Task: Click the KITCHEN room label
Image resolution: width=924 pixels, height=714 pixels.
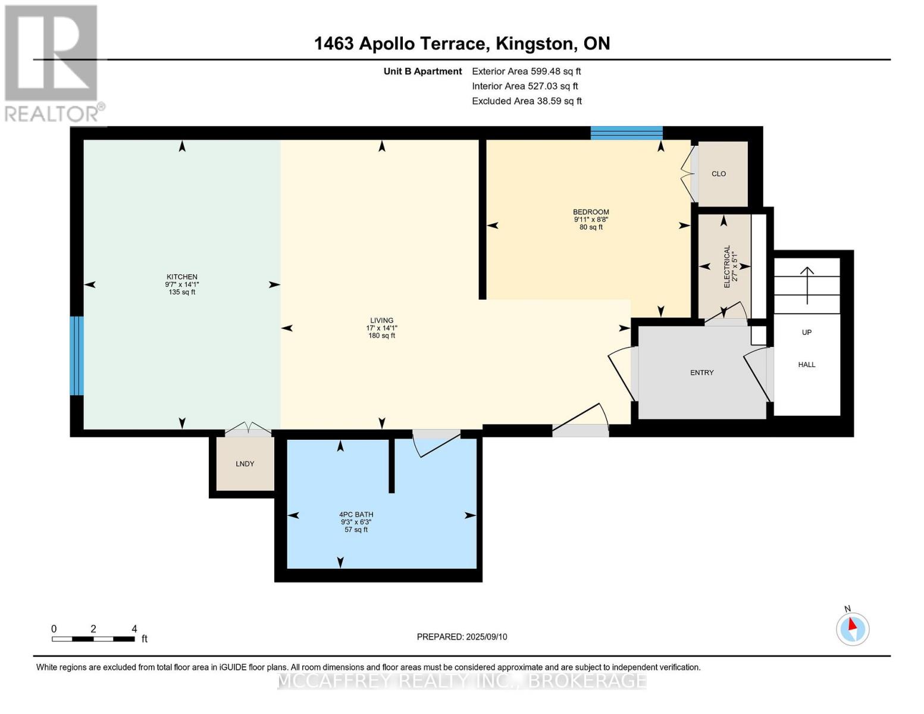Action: (x=182, y=277)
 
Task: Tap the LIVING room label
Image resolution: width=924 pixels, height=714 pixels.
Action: (x=381, y=321)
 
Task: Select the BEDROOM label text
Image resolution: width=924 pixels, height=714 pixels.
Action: (x=591, y=212)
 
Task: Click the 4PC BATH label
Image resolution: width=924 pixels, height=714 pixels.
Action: (x=356, y=515)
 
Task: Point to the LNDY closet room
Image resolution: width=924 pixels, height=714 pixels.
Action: (x=245, y=464)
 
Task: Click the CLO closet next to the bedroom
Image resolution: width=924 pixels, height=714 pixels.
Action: (x=719, y=174)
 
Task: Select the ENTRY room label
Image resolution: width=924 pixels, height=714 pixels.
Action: (x=701, y=372)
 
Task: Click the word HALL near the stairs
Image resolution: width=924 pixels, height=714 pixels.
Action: (x=807, y=365)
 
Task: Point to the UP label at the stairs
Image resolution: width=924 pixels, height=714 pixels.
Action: (x=807, y=333)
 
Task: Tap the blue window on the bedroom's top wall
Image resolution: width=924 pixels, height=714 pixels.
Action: (x=627, y=133)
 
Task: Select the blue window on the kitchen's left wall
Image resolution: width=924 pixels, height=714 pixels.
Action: (x=77, y=355)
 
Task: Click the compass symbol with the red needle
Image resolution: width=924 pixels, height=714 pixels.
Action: (x=853, y=628)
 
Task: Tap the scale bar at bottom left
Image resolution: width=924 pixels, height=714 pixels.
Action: (x=93, y=639)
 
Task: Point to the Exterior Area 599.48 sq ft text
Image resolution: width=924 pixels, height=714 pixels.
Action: (x=526, y=71)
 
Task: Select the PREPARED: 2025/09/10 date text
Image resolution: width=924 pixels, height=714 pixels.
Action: (x=462, y=637)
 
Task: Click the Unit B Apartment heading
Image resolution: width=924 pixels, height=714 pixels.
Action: (x=422, y=71)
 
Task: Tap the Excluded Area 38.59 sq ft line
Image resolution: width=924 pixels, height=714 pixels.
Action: (x=527, y=101)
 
